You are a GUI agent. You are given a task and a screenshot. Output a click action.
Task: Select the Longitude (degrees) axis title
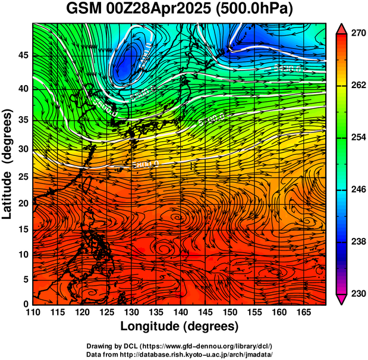(180, 326)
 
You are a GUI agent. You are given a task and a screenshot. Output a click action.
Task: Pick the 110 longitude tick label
(33, 312)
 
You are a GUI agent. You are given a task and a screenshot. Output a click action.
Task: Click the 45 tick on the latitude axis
(23, 56)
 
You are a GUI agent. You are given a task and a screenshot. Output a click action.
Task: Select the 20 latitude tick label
(23, 203)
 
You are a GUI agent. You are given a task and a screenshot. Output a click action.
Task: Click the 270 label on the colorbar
(358, 34)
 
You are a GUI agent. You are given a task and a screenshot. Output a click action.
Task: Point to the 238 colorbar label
(358, 242)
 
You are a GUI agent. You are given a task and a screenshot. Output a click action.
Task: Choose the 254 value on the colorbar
(358, 138)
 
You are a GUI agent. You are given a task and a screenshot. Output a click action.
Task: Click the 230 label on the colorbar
(358, 293)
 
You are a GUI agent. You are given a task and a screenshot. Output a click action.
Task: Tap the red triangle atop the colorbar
(342, 29)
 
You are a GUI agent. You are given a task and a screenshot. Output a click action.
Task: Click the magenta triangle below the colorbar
(342, 299)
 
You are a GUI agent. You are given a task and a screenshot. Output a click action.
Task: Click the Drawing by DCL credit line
(180, 346)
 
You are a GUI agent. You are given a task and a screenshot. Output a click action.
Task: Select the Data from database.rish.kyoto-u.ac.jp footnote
(180, 354)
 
